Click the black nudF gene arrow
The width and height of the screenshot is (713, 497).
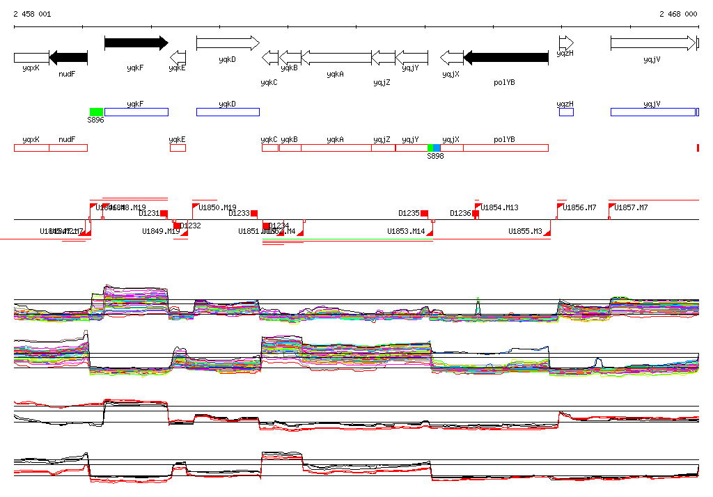(68, 58)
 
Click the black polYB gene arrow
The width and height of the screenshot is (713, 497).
(506, 58)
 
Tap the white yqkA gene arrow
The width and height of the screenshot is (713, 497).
(336, 58)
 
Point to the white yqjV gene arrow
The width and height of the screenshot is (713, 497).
(652, 43)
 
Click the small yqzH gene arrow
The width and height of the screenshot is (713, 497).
(566, 43)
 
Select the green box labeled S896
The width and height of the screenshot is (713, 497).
(96, 112)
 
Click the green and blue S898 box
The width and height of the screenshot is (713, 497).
(434, 148)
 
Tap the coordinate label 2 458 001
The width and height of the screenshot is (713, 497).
(32, 14)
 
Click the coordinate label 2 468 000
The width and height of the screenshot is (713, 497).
(678, 14)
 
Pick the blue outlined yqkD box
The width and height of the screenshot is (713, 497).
(228, 112)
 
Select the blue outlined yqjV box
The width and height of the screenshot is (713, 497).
(652, 112)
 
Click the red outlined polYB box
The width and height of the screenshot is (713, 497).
(506, 148)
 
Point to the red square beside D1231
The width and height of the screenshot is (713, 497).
(164, 214)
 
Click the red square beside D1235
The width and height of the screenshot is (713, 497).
(424, 213)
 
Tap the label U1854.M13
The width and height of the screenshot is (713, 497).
(499, 207)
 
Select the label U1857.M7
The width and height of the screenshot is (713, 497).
(631, 207)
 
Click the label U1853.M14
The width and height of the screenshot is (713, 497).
(406, 231)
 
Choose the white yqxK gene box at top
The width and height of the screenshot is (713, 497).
(31, 58)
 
